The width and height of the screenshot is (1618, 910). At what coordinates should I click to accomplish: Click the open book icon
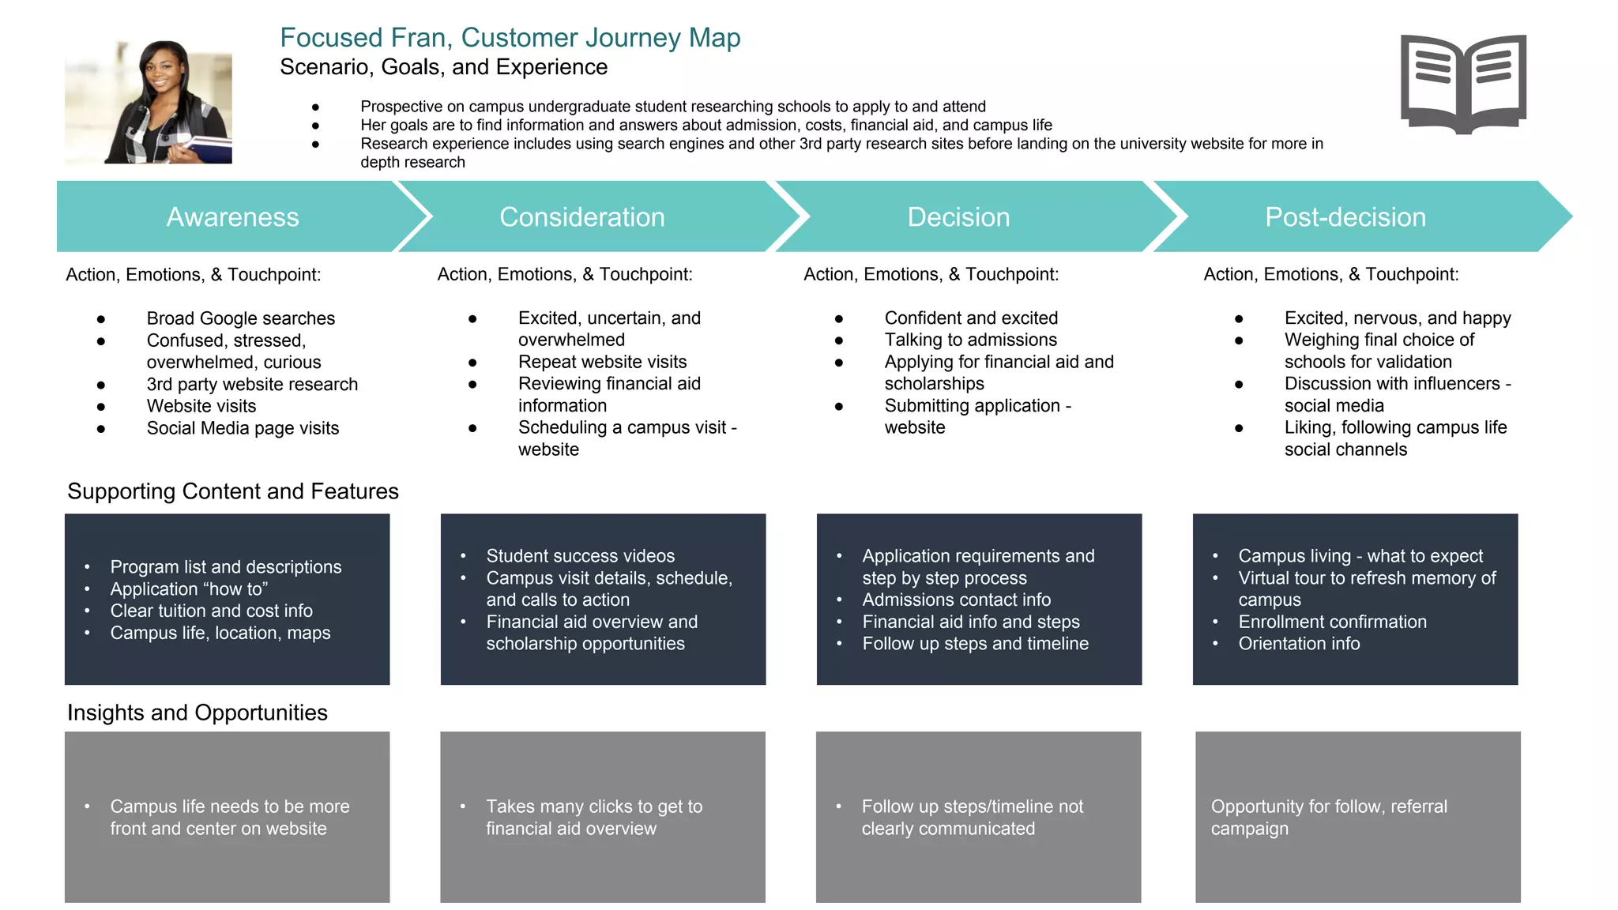click(1463, 84)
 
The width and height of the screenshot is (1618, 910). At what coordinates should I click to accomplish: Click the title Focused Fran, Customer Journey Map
click(510, 38)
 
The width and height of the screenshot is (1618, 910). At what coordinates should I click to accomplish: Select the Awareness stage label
click(232, 217)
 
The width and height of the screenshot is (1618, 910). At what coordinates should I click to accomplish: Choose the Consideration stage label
click(581, 217)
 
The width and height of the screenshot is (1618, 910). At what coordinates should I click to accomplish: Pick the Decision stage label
click(958, 217)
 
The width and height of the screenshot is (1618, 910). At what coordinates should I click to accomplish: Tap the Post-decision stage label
click(1345, 217)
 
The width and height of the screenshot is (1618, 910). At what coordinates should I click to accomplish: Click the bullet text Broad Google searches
click(240, 318)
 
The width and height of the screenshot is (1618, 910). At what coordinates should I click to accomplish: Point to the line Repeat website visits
click(602, 362)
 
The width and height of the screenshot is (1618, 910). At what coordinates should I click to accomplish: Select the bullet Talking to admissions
click(970, 340)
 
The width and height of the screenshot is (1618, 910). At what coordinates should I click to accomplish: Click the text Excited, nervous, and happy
click(1397, 318)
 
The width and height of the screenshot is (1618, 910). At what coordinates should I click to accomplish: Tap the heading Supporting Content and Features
click(233, 491)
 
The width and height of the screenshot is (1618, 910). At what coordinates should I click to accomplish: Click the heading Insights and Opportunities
click(197, 713)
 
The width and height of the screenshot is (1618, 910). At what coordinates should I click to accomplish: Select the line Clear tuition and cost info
click(211, 611)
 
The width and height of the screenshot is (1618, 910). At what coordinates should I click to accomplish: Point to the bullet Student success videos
click(580, 556)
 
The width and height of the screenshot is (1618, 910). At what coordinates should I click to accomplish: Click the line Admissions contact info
click(956, 600)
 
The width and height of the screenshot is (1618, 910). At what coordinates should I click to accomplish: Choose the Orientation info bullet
click(1298, 644)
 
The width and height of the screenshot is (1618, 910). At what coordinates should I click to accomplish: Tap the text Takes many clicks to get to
click(593, 807)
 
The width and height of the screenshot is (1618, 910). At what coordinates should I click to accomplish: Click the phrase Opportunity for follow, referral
click(1328, 807)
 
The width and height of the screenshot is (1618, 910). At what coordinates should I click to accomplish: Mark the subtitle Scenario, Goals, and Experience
click(443, 67)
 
